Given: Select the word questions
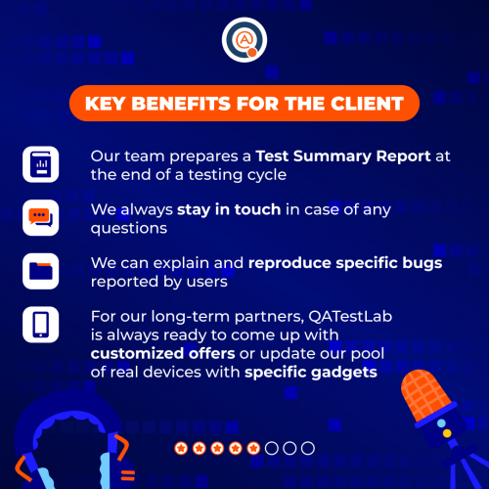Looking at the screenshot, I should point(123,227).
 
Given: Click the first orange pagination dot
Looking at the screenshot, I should point(181,448).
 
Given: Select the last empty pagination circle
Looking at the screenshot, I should point(307,448).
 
